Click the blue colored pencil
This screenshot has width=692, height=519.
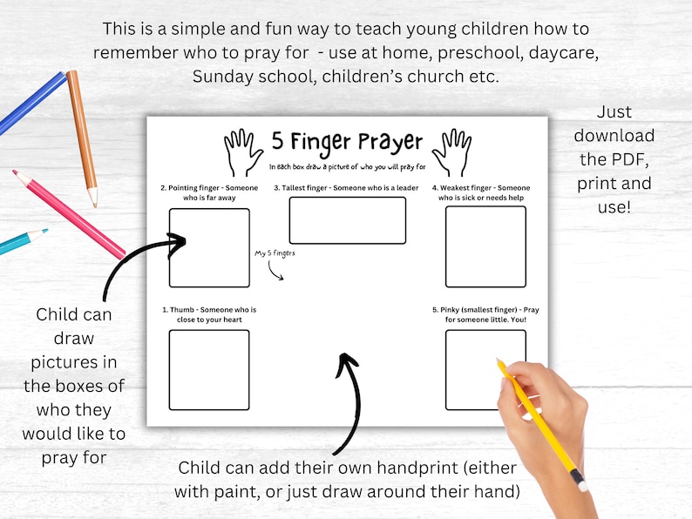(32, 103)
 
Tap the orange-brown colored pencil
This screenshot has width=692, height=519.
(82, 138)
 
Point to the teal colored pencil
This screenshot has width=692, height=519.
(23, 241)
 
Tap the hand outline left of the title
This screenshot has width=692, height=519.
(242, 152)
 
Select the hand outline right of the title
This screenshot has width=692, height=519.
(452, 152)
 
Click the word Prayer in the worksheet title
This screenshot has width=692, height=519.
(390, 142)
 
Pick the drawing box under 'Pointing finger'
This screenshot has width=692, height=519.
(209, 248)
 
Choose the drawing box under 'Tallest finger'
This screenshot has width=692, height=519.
(348, 220)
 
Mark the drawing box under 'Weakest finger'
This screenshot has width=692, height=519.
(485, 246)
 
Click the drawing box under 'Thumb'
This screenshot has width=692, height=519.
(209, 370)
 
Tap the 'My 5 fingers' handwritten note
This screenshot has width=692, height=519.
(275, 253)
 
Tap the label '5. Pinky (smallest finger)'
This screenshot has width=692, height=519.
(473, 309)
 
